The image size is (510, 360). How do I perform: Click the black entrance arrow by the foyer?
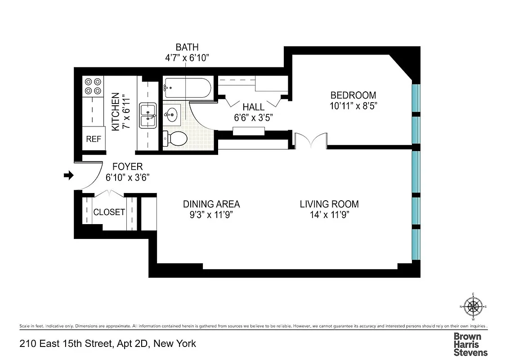point(68,175)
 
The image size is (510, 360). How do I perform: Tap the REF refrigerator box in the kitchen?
point(94,139)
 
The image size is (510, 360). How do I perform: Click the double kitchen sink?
point(148,115)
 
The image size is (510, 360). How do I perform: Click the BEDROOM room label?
point(353,95)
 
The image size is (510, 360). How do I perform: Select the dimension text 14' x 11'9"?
point(329,215)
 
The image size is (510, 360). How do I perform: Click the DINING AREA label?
point(211,204)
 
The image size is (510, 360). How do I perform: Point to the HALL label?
point(254,107)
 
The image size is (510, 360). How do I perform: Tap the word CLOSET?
point(109,212)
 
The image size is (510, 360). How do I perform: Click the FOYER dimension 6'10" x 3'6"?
point(128,177)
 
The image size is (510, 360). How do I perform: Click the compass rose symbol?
point(473,307)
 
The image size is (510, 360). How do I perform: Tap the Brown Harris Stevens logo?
point(470,344)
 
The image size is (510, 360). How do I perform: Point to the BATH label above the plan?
point(187,47)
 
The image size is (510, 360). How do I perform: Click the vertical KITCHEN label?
point(116,112)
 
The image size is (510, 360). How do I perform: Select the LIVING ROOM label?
point(329,204)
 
